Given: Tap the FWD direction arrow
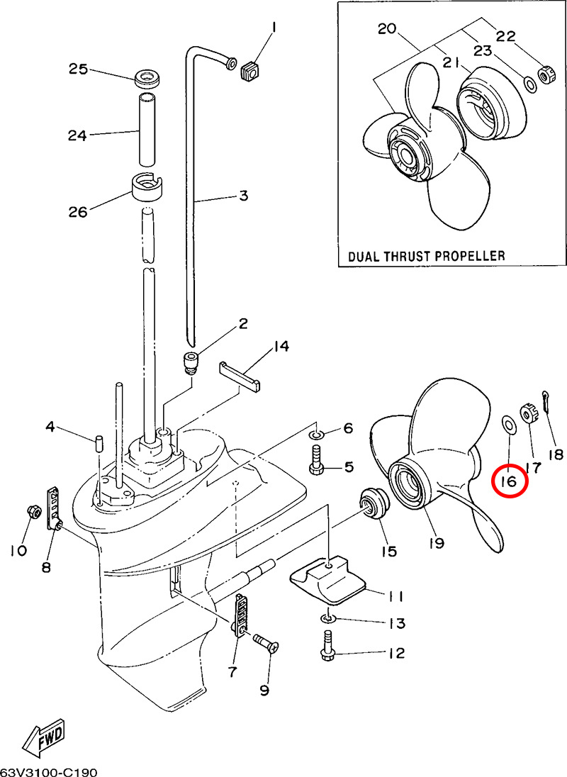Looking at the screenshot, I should (44, 736).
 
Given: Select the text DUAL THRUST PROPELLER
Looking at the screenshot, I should (426, 255).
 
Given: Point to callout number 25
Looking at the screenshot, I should (78, 69).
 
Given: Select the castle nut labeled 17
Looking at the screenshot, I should (529, 413).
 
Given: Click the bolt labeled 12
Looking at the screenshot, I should (329, 654).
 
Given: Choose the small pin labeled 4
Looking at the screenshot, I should (100, 442).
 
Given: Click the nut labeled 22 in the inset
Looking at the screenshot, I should (547, 74).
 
